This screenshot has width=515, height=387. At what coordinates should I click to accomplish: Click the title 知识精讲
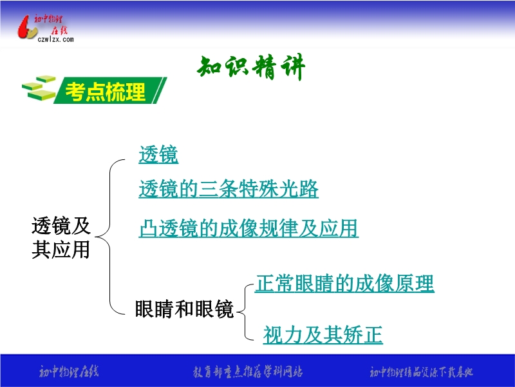coord(251,67)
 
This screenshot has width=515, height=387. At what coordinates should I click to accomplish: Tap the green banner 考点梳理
coord(110,90)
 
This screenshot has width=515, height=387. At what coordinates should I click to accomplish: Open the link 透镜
coord(158,154)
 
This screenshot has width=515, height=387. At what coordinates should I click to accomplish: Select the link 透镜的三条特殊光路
coord(229,188)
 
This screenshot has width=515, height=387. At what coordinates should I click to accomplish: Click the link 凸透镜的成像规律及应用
coord(248,228)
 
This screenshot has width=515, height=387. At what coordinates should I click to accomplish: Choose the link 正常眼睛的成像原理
coord(344,283)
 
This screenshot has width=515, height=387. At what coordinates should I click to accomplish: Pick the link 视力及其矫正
coord(323,335)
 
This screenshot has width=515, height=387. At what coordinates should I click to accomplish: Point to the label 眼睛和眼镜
coord(184,309)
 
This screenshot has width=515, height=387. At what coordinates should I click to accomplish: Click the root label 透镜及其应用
coord(61,237)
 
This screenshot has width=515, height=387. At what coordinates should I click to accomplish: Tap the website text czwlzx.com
coord(55,39)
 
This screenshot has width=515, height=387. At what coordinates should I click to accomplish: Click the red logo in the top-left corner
coord(27,27)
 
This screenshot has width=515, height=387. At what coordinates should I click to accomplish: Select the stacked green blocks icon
coord(39,88)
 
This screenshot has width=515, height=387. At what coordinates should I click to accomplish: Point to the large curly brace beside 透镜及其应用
coord(109,237)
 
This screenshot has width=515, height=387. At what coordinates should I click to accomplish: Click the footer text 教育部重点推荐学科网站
coord(248,372)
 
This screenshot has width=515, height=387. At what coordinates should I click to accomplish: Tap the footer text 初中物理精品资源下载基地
coord(422,372)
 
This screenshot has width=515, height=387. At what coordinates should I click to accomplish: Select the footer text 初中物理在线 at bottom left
coord(69,372)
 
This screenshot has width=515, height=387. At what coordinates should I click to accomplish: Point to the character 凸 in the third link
coord(149,228)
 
